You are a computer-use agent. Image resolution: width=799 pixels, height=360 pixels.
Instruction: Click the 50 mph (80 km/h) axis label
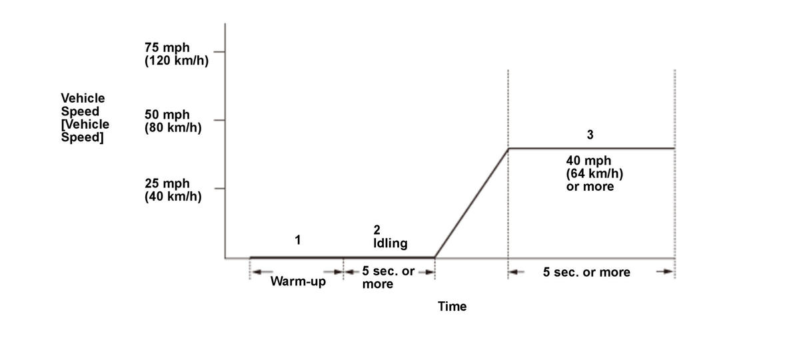(x=173, y=121)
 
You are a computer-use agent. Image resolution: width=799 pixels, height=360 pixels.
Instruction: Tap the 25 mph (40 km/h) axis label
(x=173, y=190)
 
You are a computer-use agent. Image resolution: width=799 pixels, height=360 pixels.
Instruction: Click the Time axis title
(x=452, y=307)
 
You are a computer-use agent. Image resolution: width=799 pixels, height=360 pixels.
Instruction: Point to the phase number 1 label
(x=298, y=239)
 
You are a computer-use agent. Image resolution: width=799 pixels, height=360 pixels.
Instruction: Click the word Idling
(x=391, y=243)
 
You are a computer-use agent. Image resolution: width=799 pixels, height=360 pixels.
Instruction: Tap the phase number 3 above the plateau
(x=590, y=135)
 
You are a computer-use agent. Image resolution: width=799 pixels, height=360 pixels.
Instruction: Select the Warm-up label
(x=298, y=281)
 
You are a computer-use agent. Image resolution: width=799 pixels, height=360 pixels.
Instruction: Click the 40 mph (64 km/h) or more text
(x=594, y=173)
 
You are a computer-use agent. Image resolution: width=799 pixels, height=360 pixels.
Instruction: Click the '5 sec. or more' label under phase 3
(x=586, y=272)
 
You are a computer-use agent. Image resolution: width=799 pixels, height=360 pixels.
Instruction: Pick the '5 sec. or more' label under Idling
(x=389, y=277)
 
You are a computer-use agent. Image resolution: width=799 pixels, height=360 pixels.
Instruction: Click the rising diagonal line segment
(x=471, y=203)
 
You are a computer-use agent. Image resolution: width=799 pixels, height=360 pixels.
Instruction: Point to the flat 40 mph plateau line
(x=592, y=149)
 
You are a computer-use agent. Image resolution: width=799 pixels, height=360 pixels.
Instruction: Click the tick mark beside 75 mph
(x=220, y=52)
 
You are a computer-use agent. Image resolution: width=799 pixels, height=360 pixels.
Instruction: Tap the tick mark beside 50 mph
(x=220, y=121)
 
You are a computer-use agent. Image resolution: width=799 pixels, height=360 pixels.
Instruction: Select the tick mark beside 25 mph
(x=220, y=189)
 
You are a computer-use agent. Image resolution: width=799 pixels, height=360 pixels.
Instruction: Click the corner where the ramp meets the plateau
(x=508, y=149)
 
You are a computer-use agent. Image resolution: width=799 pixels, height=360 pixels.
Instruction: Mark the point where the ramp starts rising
(x=434, y=257)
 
